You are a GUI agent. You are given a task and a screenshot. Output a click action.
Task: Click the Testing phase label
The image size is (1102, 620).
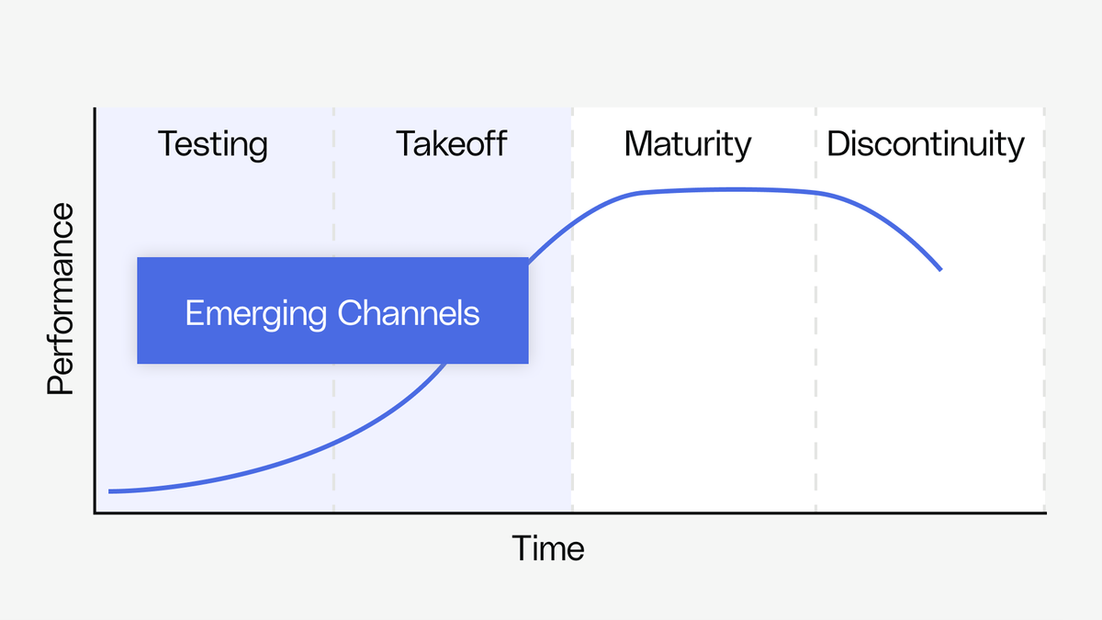pos(213,144)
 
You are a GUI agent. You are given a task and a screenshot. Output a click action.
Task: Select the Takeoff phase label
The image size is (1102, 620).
pos(451,144)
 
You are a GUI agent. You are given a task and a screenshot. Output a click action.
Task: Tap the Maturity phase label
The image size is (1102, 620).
pos(687,144)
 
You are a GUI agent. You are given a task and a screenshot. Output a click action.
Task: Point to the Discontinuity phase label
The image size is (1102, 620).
pos(925,144)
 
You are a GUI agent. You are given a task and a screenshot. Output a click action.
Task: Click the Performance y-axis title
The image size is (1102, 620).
pos(61,299)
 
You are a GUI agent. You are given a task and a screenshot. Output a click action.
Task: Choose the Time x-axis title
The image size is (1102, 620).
pos(548,548)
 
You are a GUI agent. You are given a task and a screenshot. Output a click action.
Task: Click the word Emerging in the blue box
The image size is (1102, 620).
pos(255,313)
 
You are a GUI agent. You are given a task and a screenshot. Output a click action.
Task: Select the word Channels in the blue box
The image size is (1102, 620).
pos(408,313)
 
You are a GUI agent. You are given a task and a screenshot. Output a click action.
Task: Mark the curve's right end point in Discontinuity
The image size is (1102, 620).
pos(940,269)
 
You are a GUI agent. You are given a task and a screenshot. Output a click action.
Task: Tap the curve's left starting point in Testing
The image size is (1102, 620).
pos(110,491)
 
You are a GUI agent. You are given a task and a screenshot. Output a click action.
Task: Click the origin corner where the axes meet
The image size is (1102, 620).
pos(95,513)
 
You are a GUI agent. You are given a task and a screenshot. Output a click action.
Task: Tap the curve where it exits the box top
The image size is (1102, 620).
pos(531,257)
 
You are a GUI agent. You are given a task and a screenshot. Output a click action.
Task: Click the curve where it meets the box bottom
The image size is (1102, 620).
pos(446,364)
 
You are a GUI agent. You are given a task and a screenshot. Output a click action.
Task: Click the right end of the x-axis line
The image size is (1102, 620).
pos(1045,513)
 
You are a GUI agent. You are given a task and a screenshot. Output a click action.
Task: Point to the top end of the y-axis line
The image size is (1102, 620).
pos(95,108)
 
